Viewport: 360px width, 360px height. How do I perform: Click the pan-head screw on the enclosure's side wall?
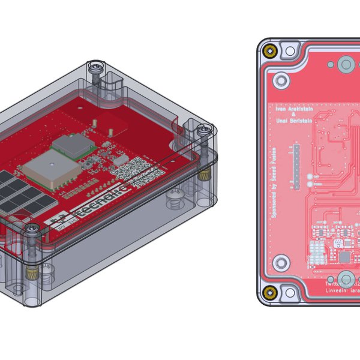point(175,195)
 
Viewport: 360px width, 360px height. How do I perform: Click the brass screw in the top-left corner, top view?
point(271,50)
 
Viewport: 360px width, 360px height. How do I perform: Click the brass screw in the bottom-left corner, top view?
point(271,293)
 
